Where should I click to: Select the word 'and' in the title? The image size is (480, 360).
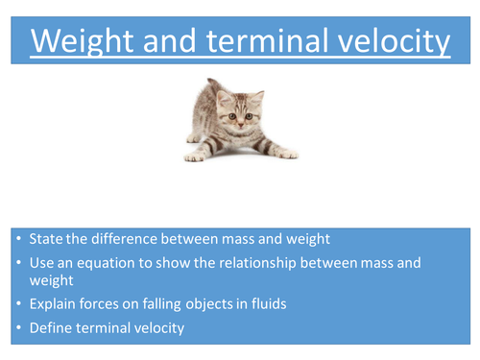(172, 41)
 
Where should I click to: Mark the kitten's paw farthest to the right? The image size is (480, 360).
(285, 152)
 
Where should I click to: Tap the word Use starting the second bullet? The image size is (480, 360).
(40, 262)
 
